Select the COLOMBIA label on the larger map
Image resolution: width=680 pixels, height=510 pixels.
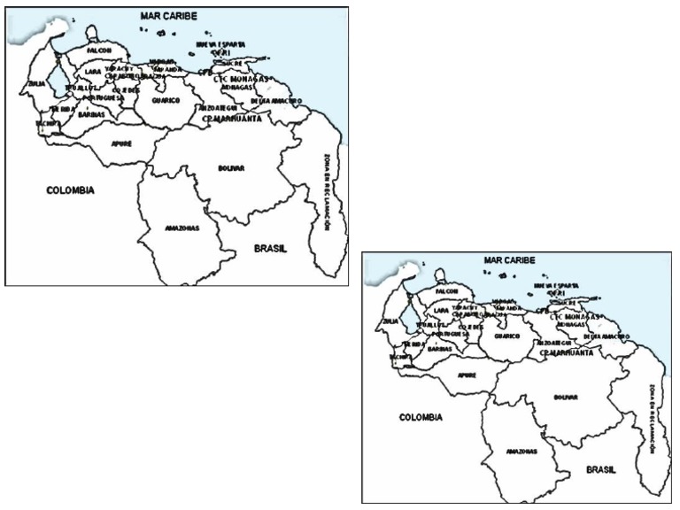tap(71, 189)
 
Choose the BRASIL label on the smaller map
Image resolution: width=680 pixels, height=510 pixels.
tap(600, 468)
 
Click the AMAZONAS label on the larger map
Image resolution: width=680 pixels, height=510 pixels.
tap(182, 228)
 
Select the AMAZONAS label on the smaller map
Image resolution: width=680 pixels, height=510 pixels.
tap(522, 452)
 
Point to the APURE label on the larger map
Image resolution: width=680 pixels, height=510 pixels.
tap(120, 141)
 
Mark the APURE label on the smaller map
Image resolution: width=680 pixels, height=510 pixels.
tap(466, 375)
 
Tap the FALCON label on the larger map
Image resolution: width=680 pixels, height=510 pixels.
tap(98, 50)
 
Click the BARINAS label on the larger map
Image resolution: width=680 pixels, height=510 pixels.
tap(92, 114)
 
